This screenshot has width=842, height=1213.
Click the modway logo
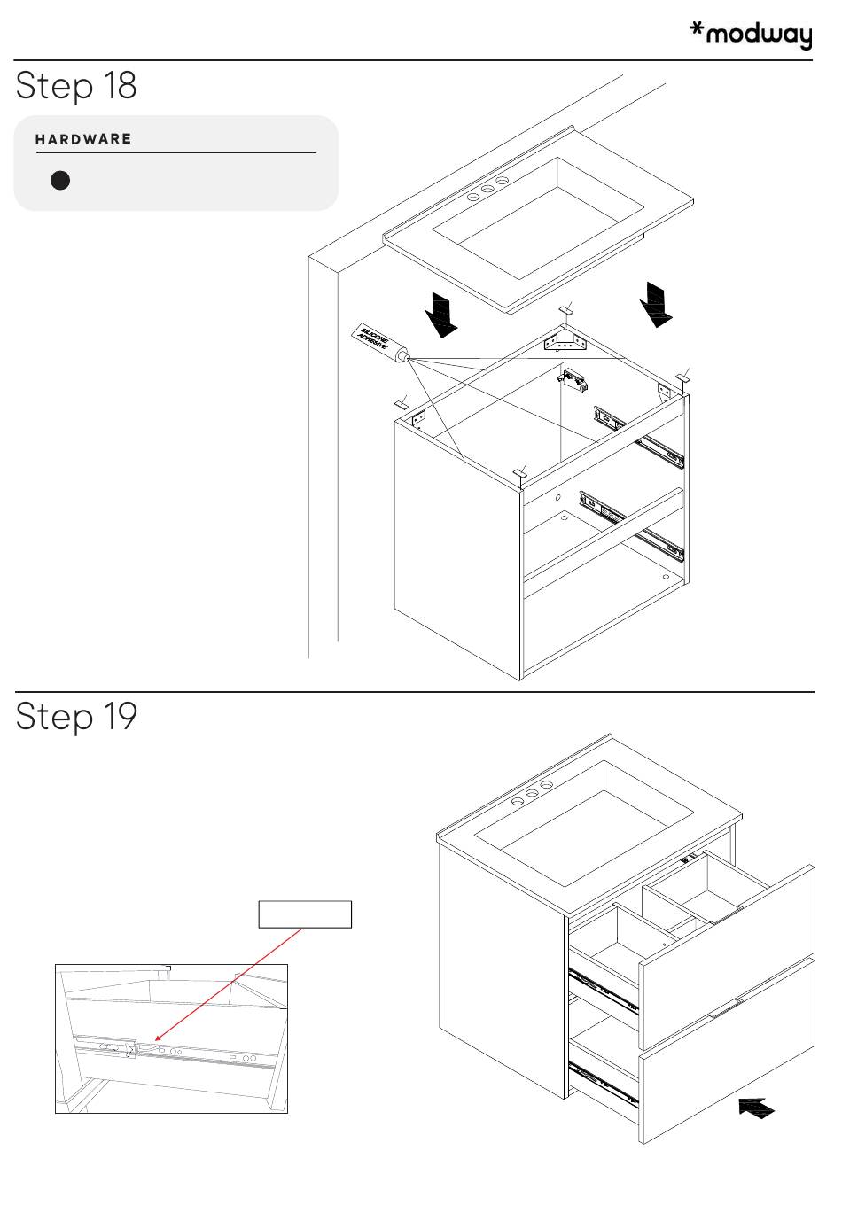tap(751, 35)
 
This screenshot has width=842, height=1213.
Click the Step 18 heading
tap(76, 86)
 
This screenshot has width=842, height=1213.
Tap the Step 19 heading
tap(76, 716)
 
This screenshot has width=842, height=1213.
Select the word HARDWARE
tap(83, 139)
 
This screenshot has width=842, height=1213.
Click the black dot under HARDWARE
tap(60, 181)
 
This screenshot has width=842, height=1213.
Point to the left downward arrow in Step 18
tap(440, 315)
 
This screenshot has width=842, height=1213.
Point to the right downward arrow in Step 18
tap(656, 304)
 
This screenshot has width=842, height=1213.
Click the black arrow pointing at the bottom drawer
tap(756, 1107)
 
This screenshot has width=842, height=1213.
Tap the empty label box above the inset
tap(305, 914)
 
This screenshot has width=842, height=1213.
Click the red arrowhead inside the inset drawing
tap(158, 1038)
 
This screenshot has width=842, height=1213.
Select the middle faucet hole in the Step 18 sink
tap(487, 189)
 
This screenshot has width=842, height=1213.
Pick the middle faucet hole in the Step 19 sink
tap(532, 794)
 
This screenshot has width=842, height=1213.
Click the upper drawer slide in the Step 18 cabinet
tap(639, 438)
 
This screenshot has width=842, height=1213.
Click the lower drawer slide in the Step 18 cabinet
tap(631, 526)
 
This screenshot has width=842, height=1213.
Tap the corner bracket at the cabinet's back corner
tap(565, 339)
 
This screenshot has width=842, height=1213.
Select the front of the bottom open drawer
tap(727, 1054)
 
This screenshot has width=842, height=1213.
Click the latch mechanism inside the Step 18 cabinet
tap(574, 382)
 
